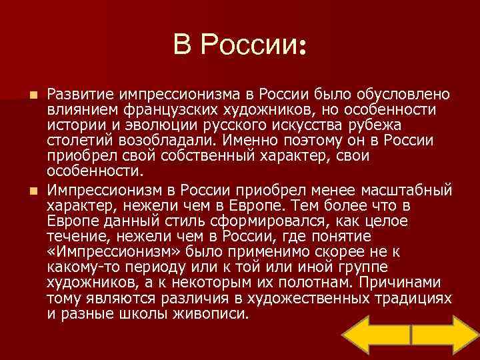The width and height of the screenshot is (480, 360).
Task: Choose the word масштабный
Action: tap(409, 189)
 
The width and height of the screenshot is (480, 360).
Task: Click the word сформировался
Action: tap(247, 221)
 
